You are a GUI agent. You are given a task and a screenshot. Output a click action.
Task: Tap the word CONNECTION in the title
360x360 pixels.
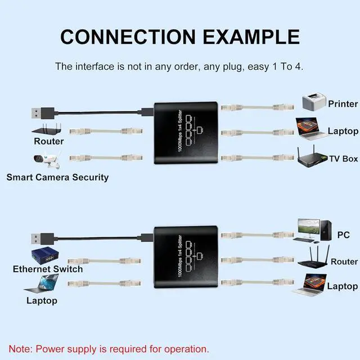(127, 37)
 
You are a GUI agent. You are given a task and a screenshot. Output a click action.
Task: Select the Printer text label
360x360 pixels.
(343, 103)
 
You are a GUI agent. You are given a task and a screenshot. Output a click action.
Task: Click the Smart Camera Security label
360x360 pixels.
(57, 177)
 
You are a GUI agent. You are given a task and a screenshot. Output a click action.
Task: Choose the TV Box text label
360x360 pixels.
(343, 159)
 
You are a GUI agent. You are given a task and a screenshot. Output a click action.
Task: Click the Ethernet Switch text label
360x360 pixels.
(48, 269)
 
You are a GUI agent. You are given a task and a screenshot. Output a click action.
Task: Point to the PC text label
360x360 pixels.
(344, 234)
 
